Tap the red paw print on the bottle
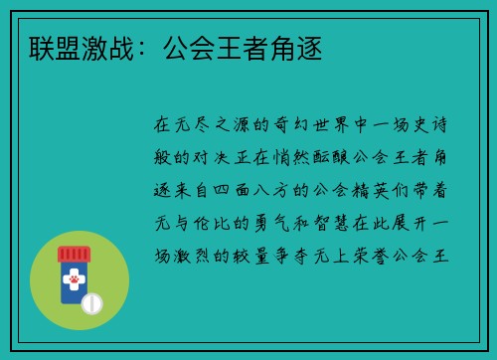[75, 282]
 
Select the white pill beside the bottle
[92, 302]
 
